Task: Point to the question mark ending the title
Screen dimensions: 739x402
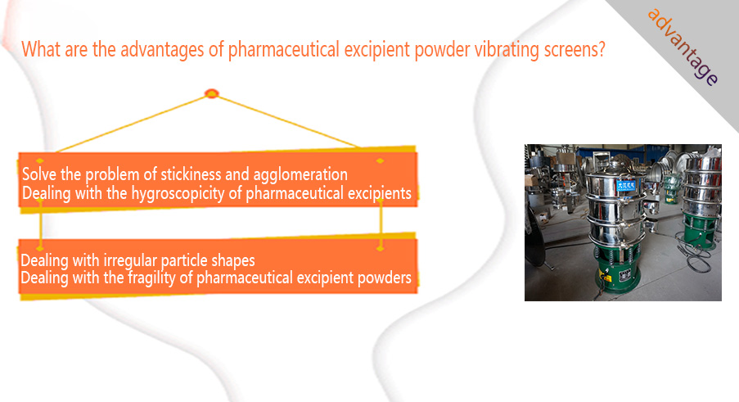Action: click(x=601, y=49)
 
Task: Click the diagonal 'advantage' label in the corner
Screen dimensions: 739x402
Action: click(x=683, y=47)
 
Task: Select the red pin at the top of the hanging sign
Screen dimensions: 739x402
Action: click(x=212, y=94)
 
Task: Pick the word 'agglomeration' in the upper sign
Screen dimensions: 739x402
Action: click(x=300, y=175)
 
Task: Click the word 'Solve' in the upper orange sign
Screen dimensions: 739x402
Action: click(x=39, y=174)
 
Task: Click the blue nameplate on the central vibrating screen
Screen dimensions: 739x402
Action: click(x=626, y=185)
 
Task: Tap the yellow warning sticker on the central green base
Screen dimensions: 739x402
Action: click(x=605, y=274)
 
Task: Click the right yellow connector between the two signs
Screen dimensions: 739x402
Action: click(x=381, y=224)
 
